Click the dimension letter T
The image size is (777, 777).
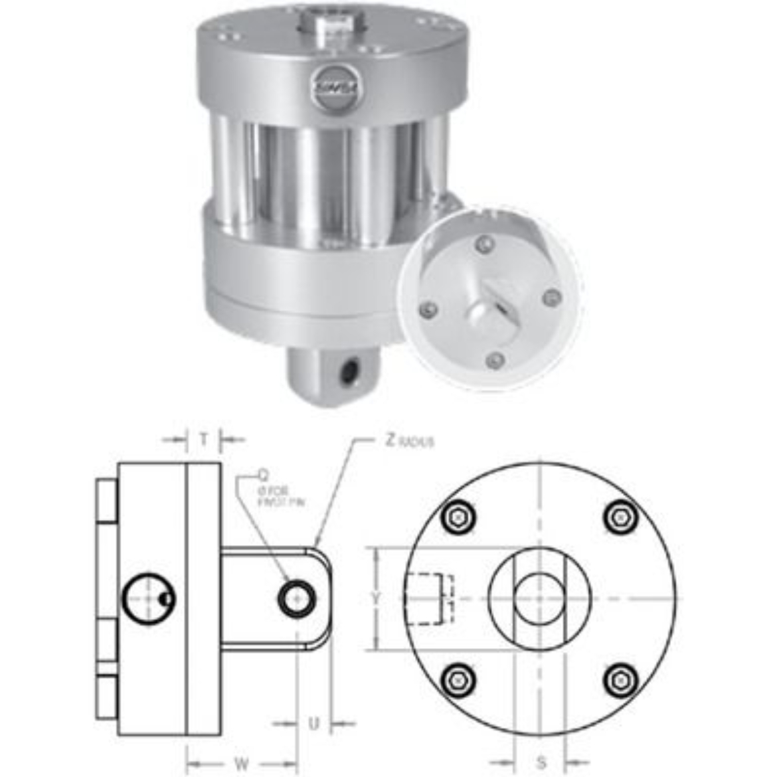tap(205, 438)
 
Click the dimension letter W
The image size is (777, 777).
tap(242, 763)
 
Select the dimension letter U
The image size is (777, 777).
tap(314, 723)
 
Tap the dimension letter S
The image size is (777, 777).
tap(541, 762)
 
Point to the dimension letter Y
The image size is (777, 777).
tap(376, 598)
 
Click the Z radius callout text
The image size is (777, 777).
tap(409, 441)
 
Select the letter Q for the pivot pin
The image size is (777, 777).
tap(264, 475)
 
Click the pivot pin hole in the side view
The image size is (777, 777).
tap(296, 598)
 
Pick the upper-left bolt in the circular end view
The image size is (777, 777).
tap(459, 516)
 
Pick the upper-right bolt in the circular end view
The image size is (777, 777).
tap(622, 516)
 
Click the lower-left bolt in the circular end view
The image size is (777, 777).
tap(459, 679)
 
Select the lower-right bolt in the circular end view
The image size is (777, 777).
tap(622, 679)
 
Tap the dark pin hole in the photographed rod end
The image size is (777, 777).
tap(347, 372)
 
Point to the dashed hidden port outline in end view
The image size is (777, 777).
tap(430, 598)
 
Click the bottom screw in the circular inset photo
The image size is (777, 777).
tap(493, 361)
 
